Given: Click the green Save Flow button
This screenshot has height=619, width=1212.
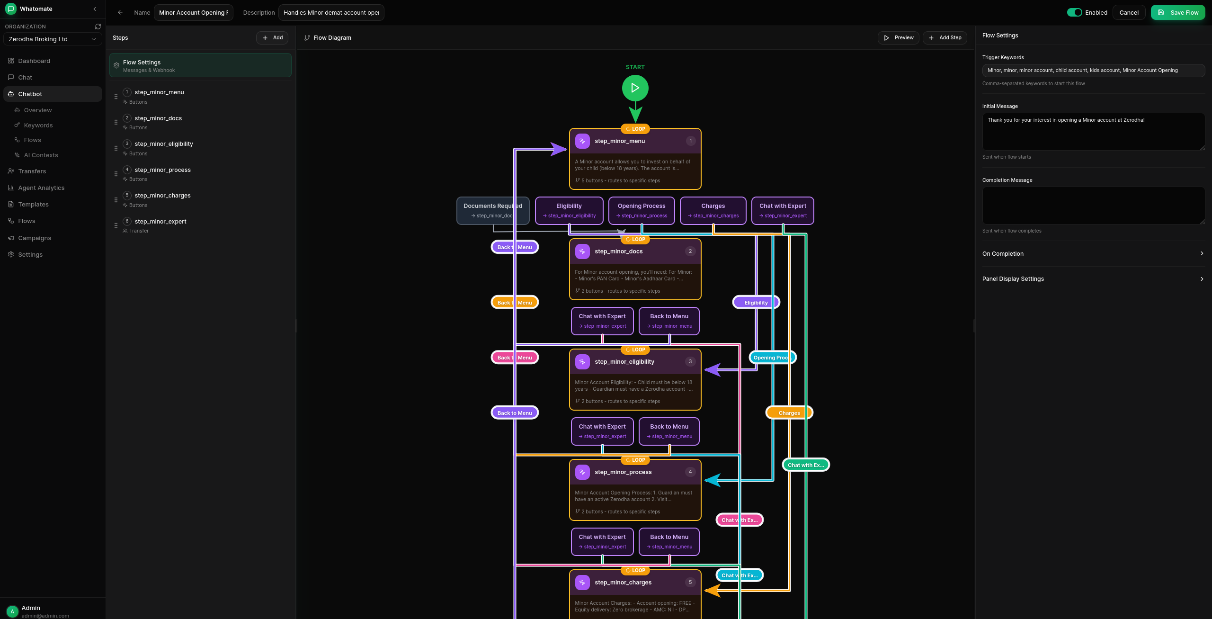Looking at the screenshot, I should (x=1177, y=12).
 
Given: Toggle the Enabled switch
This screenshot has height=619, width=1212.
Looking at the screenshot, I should (x=1074, y=12).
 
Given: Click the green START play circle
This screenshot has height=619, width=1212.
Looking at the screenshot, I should (x=635, y=88).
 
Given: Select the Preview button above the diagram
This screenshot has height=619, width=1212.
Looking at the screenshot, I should (x=898, y=37).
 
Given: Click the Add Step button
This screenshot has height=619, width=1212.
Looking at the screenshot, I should (x=945, y=37).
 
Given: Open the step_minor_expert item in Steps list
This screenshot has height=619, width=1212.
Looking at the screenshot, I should (x=160, y=222).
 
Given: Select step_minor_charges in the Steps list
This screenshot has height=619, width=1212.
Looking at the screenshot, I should (x=162, y=196).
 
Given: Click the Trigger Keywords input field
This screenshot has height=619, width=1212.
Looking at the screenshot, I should (x=1093, y=70).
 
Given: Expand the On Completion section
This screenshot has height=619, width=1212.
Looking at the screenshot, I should (x=1093, y=254).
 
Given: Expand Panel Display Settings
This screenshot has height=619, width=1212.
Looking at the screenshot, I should (x=1093, y=279).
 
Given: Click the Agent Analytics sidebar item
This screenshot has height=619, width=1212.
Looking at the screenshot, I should (x=41, y=188).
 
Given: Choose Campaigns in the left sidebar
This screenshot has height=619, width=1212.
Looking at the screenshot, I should (x=35, y=238).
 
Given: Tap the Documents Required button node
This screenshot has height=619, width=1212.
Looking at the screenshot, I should (x=492, y=210).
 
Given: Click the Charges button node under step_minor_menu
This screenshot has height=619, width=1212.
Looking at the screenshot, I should (x=713, y=210).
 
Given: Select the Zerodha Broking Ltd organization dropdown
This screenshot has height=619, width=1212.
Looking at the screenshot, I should (x=52, y=39).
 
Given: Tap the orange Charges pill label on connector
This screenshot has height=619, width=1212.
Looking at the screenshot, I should (x=789, y=413).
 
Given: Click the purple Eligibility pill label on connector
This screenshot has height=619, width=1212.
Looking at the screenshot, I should (x=756, y=303).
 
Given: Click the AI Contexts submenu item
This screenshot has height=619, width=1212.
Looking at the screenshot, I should (x=41, y=155).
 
